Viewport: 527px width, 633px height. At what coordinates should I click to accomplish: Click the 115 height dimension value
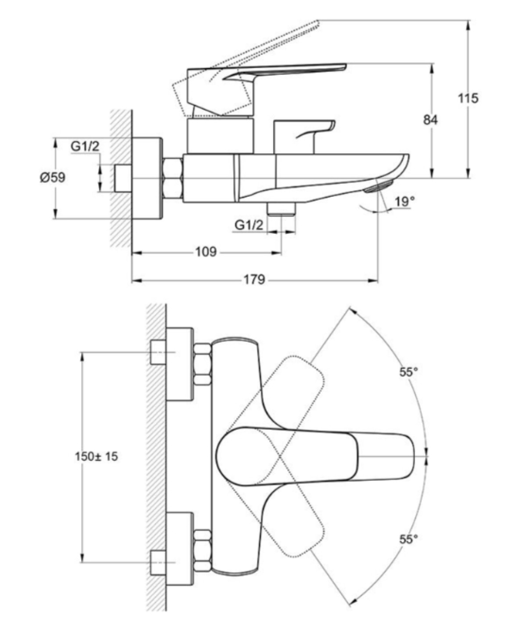click(468, 98)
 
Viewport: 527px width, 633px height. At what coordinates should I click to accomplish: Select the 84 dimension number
click(430, 120)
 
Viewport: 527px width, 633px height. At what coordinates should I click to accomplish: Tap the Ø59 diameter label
click(52, 177)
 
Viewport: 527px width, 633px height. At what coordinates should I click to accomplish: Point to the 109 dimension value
click(206, 252)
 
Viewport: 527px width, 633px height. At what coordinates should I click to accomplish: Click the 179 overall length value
click(255, 279)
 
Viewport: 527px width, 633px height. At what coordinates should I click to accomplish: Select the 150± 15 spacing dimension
click(96, 456)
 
